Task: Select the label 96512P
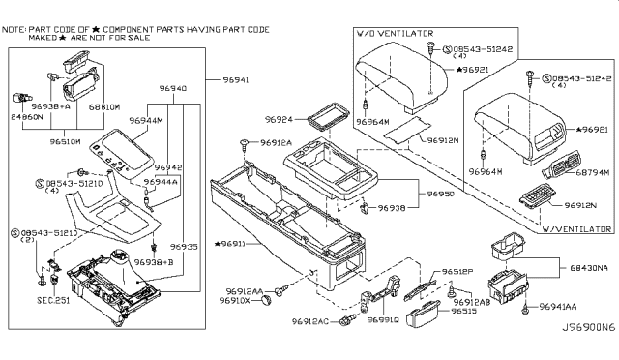point(458,272)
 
